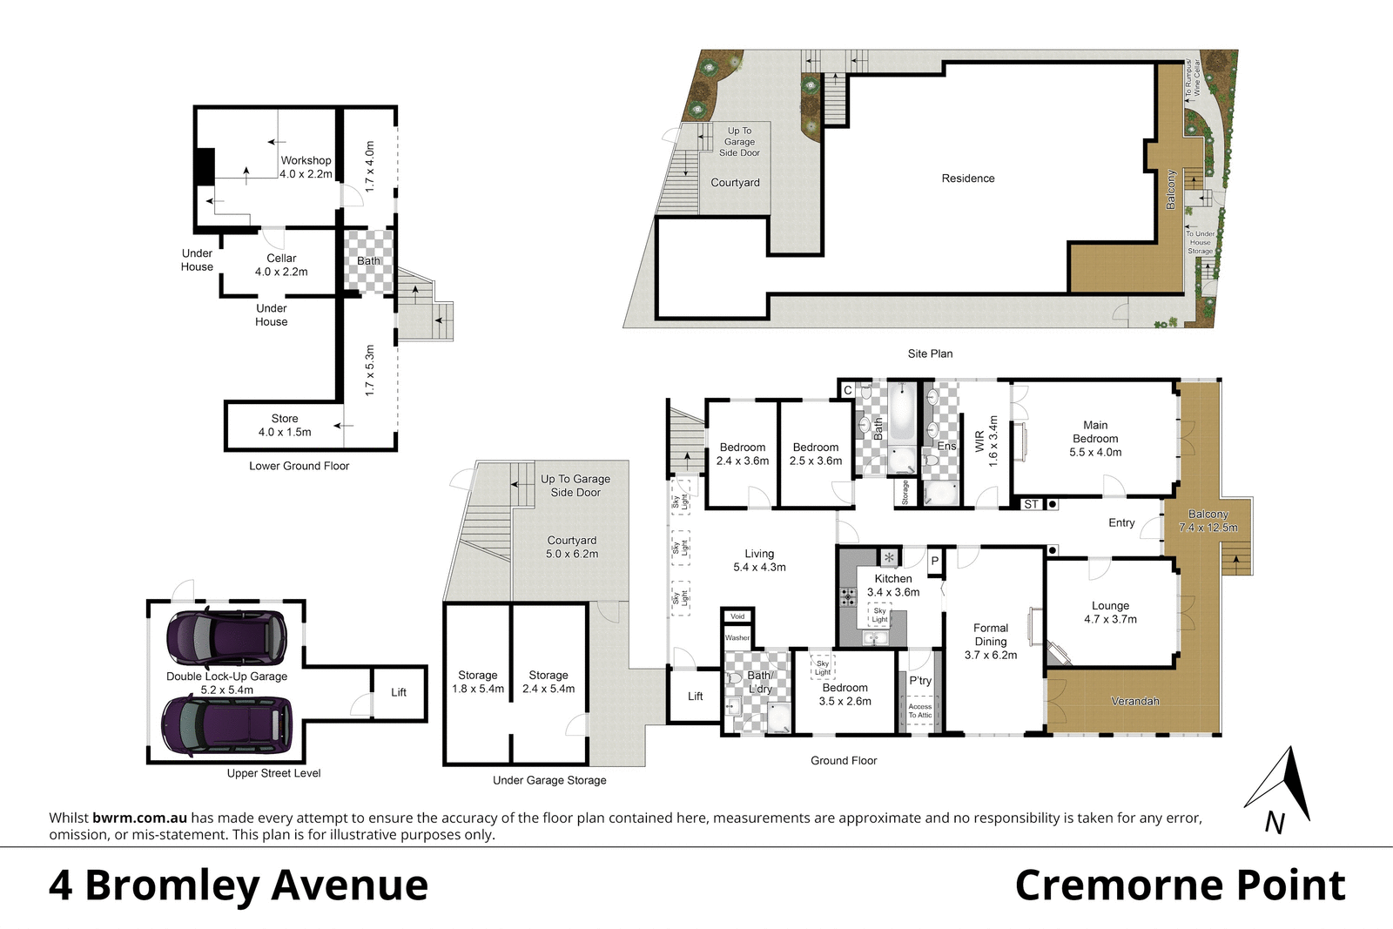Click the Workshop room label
tap(306, 167)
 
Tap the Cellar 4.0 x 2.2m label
tap(281, 265)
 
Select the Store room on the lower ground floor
tap(284, 425)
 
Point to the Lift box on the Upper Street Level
tap(399, 692)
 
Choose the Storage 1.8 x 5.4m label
tap(478, 682)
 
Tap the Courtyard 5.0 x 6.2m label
tap(572, 547)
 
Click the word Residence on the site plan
tap(967, 178)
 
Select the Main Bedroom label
tap(1095, 439)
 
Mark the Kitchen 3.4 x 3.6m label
tap(893, 585)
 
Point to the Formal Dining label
tap(991, 641)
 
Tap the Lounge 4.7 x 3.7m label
tap(1110, 612)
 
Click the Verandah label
tap(1134, 701)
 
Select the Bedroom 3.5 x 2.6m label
tap(845, 694)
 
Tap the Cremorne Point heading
tap(1180, 885)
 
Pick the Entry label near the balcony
tap(1121, 522)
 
